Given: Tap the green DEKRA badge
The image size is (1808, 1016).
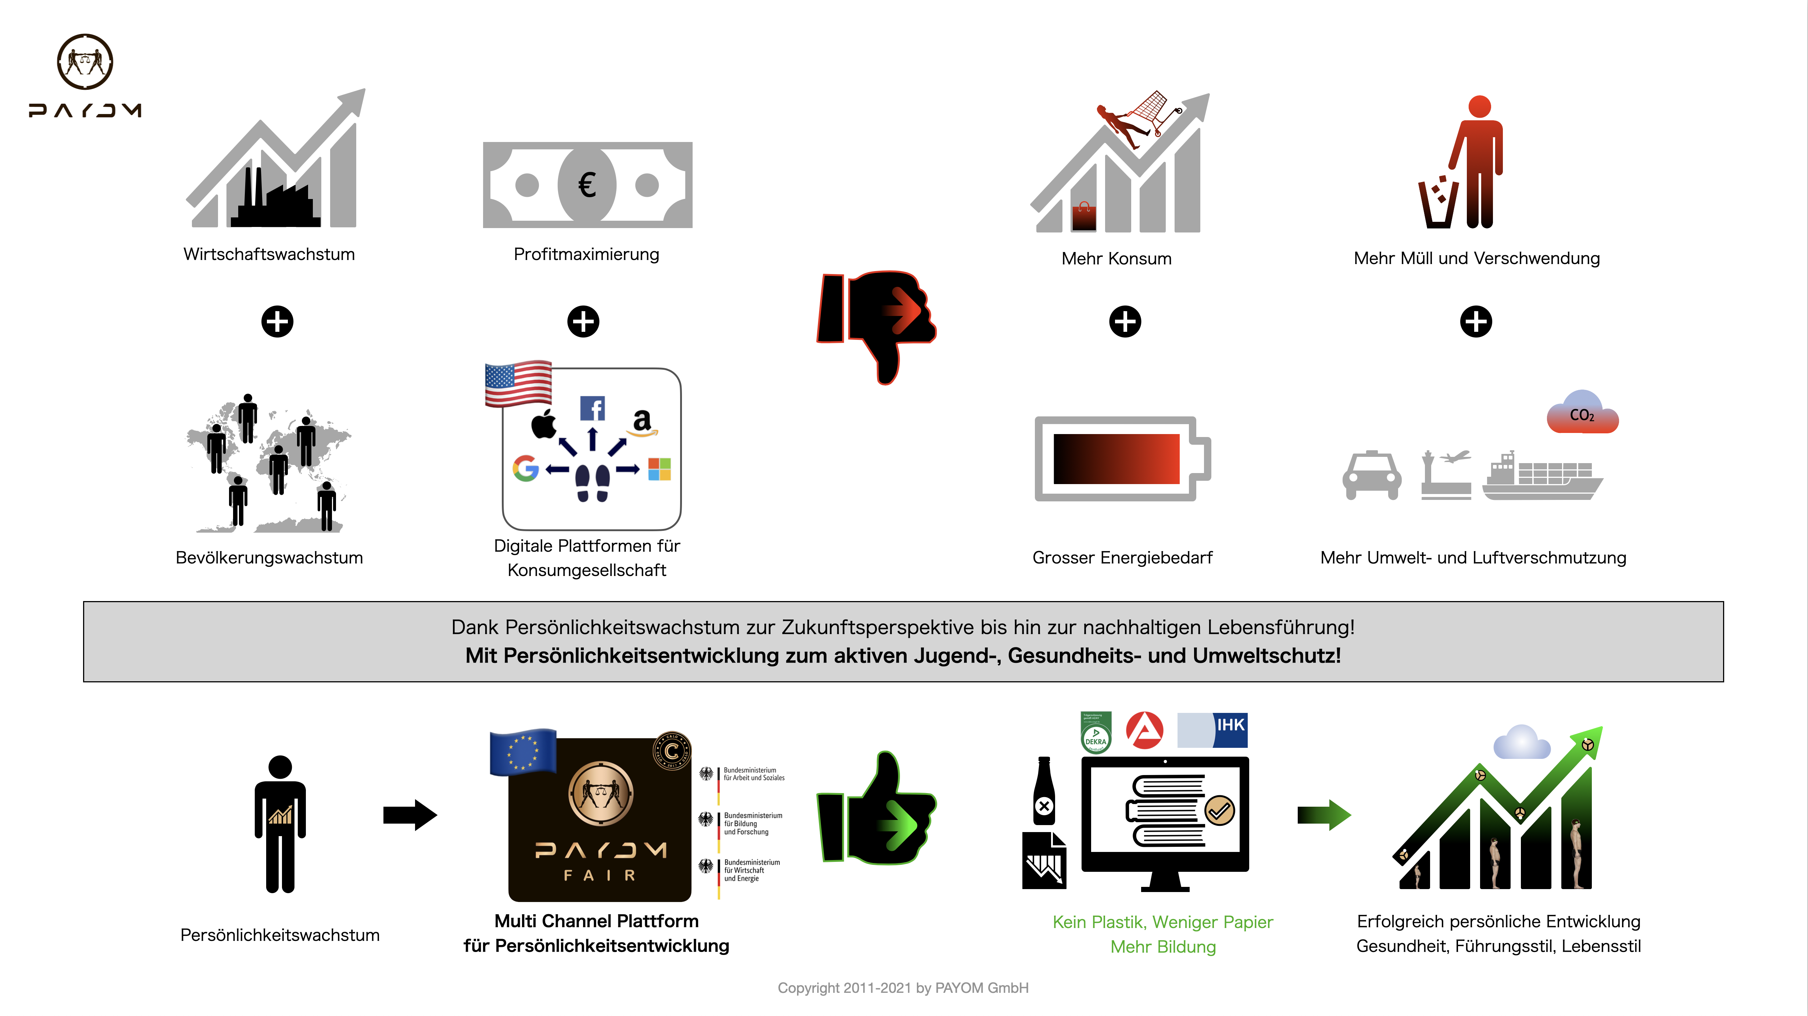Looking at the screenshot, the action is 1096,732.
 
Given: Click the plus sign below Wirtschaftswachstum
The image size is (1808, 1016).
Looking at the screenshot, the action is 277,322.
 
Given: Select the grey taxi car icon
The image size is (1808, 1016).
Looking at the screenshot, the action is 1372,475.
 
